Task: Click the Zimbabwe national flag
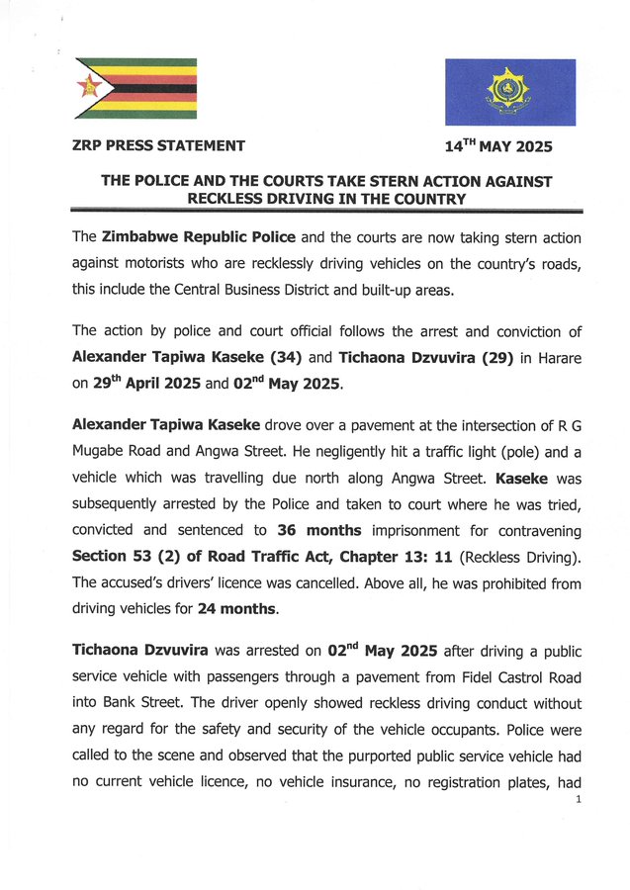tap(135, 89)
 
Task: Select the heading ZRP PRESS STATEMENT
tap(158, 146)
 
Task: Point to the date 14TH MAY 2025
tap(497, 147)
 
